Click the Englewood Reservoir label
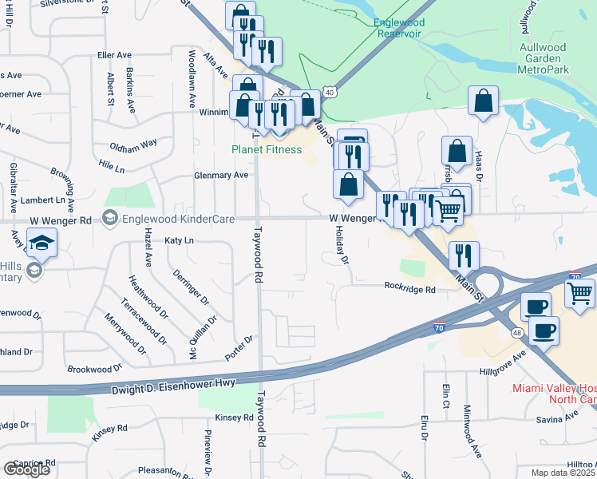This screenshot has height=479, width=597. click(399, 28)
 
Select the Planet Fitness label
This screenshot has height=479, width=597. click(267, 149)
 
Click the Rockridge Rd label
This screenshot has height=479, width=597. click(409, 290)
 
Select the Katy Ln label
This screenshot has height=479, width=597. click(179, 240)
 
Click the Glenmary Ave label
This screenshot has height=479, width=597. click(221, 176)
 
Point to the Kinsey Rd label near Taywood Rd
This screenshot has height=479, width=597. click(234, 418)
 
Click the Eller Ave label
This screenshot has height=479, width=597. click(113, 55)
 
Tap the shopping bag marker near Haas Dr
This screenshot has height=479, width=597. click(483, 101)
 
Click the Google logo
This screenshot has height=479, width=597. click(26, 469)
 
